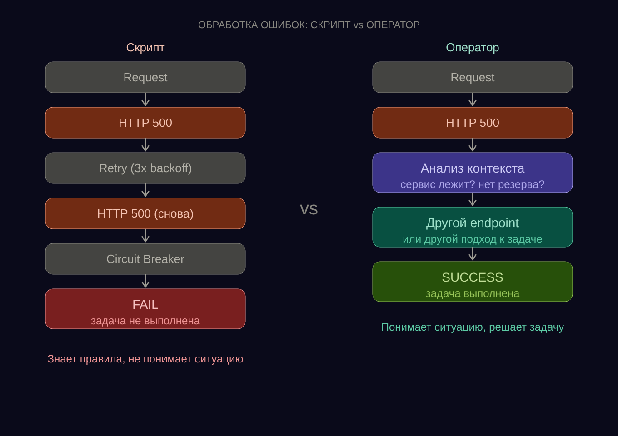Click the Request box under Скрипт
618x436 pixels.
(145, 77)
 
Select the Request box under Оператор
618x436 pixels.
(473, 77)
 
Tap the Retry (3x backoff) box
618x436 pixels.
(145, 168)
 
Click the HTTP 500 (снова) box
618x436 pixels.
(145, 213)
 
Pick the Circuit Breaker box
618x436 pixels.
(145, 259)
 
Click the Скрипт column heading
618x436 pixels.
(145, 47)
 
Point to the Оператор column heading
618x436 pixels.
(473, 47)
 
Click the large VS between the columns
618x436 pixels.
(309, 209)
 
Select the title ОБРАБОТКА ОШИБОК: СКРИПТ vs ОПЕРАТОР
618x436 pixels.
(309, 25)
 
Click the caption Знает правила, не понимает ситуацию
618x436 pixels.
(145, 359)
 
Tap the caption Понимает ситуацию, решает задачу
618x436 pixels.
(473, 327)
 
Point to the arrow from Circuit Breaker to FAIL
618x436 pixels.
(145, 281)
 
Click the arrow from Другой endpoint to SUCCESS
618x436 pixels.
(473, 254)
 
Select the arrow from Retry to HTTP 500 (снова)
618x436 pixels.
(145, 190)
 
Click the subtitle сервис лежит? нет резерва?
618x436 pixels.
(473, 184)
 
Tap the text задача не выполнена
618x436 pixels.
(145, 321)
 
